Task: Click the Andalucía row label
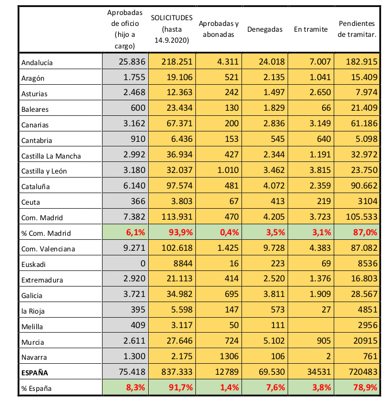point(37,62)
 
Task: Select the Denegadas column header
point(265,29)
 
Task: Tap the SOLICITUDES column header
point(172,29)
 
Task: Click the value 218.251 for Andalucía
point(177,62)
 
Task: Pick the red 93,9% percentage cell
point(180,232)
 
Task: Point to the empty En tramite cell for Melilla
point(311,325)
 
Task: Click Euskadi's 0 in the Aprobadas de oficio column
point(143,263)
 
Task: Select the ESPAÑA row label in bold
point(35,372)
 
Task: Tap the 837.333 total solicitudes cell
point(177,372)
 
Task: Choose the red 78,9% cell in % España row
point(365,387)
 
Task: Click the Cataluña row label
point(36,187)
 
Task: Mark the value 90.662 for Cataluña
point(364,186)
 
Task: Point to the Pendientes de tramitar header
point(357,29)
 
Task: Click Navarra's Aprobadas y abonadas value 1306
point(229,356)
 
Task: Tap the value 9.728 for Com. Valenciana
point(274,248)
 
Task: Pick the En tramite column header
point(311,29)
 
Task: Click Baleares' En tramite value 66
point(326,108)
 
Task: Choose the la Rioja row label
point(33,311)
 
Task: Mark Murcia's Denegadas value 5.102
point(274,341)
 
